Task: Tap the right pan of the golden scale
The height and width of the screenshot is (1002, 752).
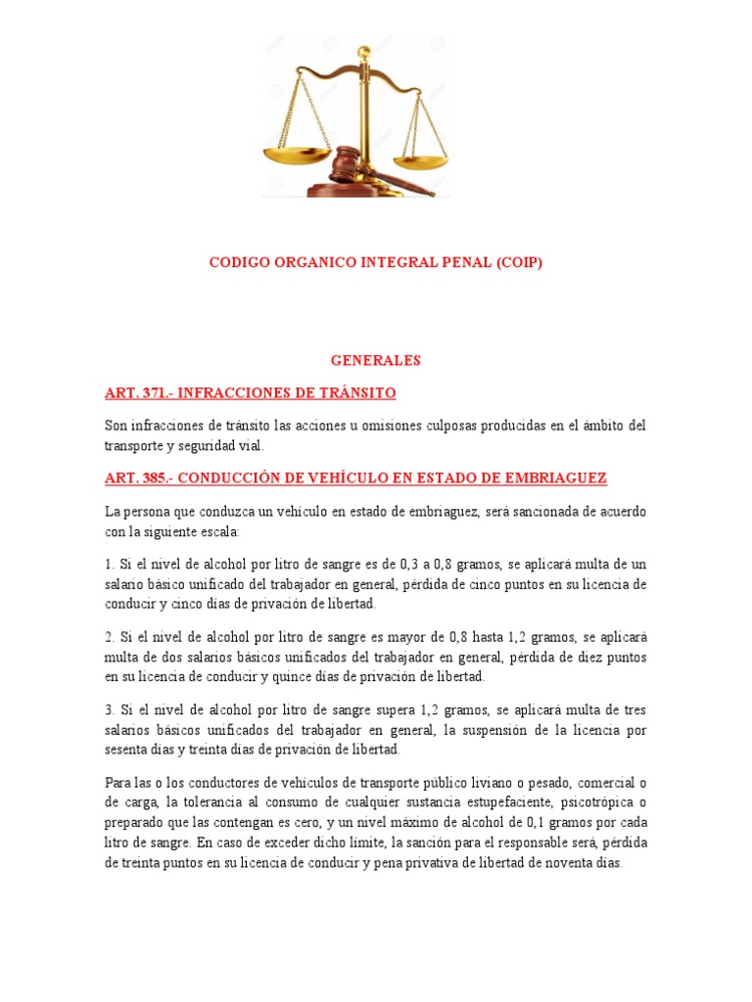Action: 420,159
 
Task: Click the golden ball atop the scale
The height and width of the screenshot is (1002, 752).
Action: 364,50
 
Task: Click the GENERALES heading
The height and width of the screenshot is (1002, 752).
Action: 375,360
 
